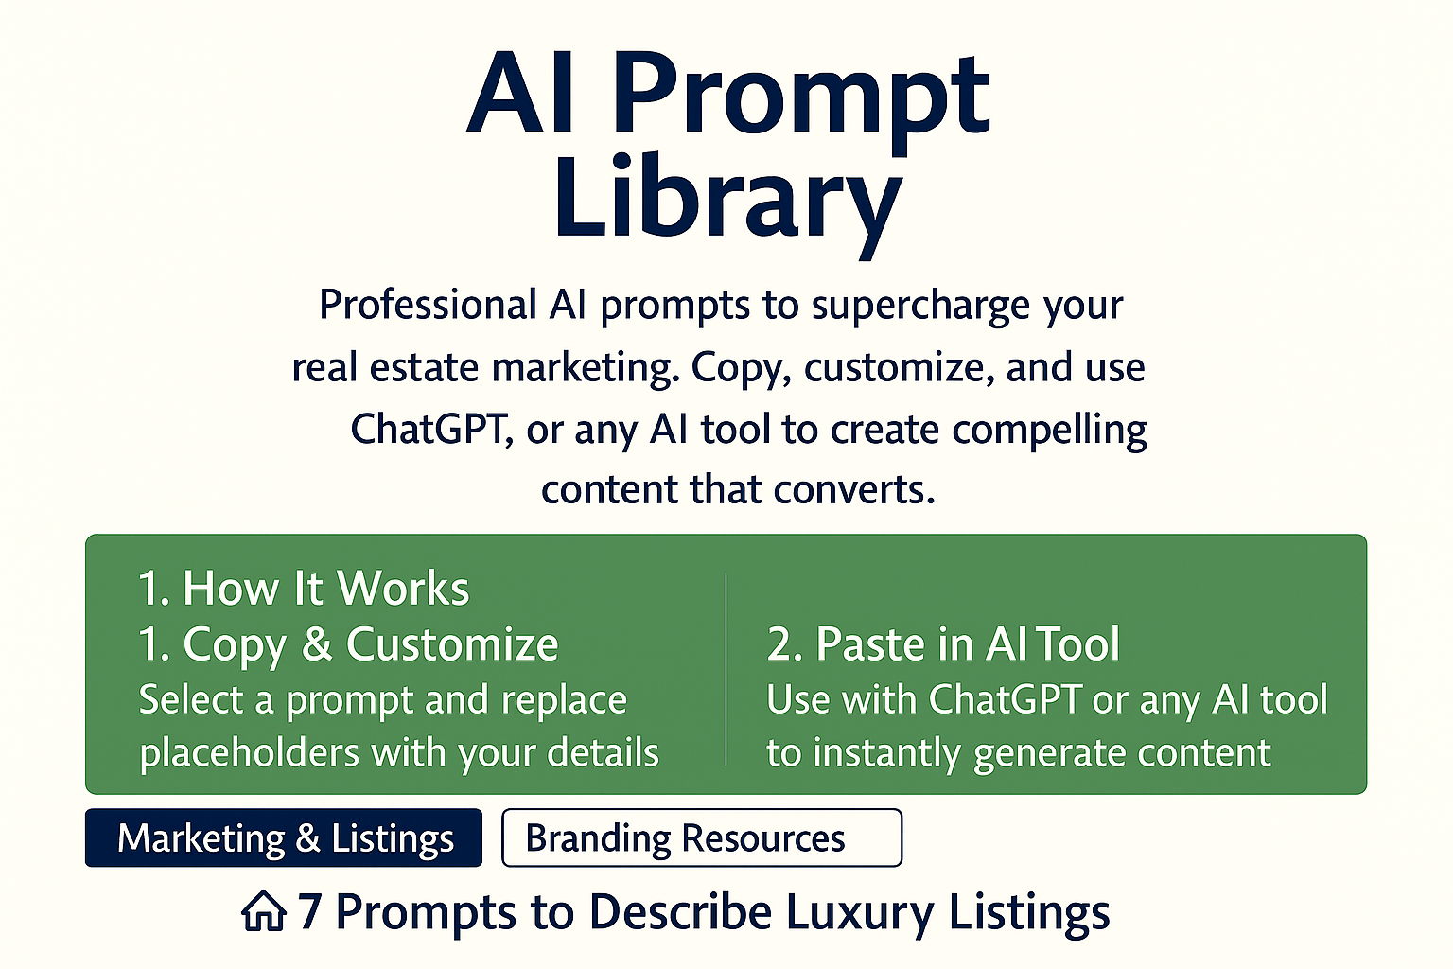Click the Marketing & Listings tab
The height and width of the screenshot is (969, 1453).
tap(284, 837)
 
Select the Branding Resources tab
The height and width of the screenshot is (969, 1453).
tap(702, 837)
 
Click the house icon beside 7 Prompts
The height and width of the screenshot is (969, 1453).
tap(264, 911)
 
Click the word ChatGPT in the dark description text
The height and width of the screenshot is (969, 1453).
tap(429, 429)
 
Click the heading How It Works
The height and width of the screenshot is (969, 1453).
tap(325, 588)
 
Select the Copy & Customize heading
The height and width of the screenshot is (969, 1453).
tap(371, 644)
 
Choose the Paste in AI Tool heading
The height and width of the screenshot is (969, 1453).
tap(967, 643)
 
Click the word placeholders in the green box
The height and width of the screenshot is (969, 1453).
tap(250, 753)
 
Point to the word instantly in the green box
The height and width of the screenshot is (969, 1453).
tap(886, 753)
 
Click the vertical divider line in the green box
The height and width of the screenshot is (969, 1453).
tap(726, 669)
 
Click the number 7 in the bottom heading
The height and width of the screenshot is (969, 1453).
tap(309, 911)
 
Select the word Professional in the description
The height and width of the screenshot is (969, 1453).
tap(429, 304)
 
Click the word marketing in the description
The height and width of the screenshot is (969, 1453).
tap(582, 368)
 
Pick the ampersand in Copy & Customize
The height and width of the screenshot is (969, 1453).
tap(317, 643)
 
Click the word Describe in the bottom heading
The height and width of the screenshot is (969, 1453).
tap(680, 911)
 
